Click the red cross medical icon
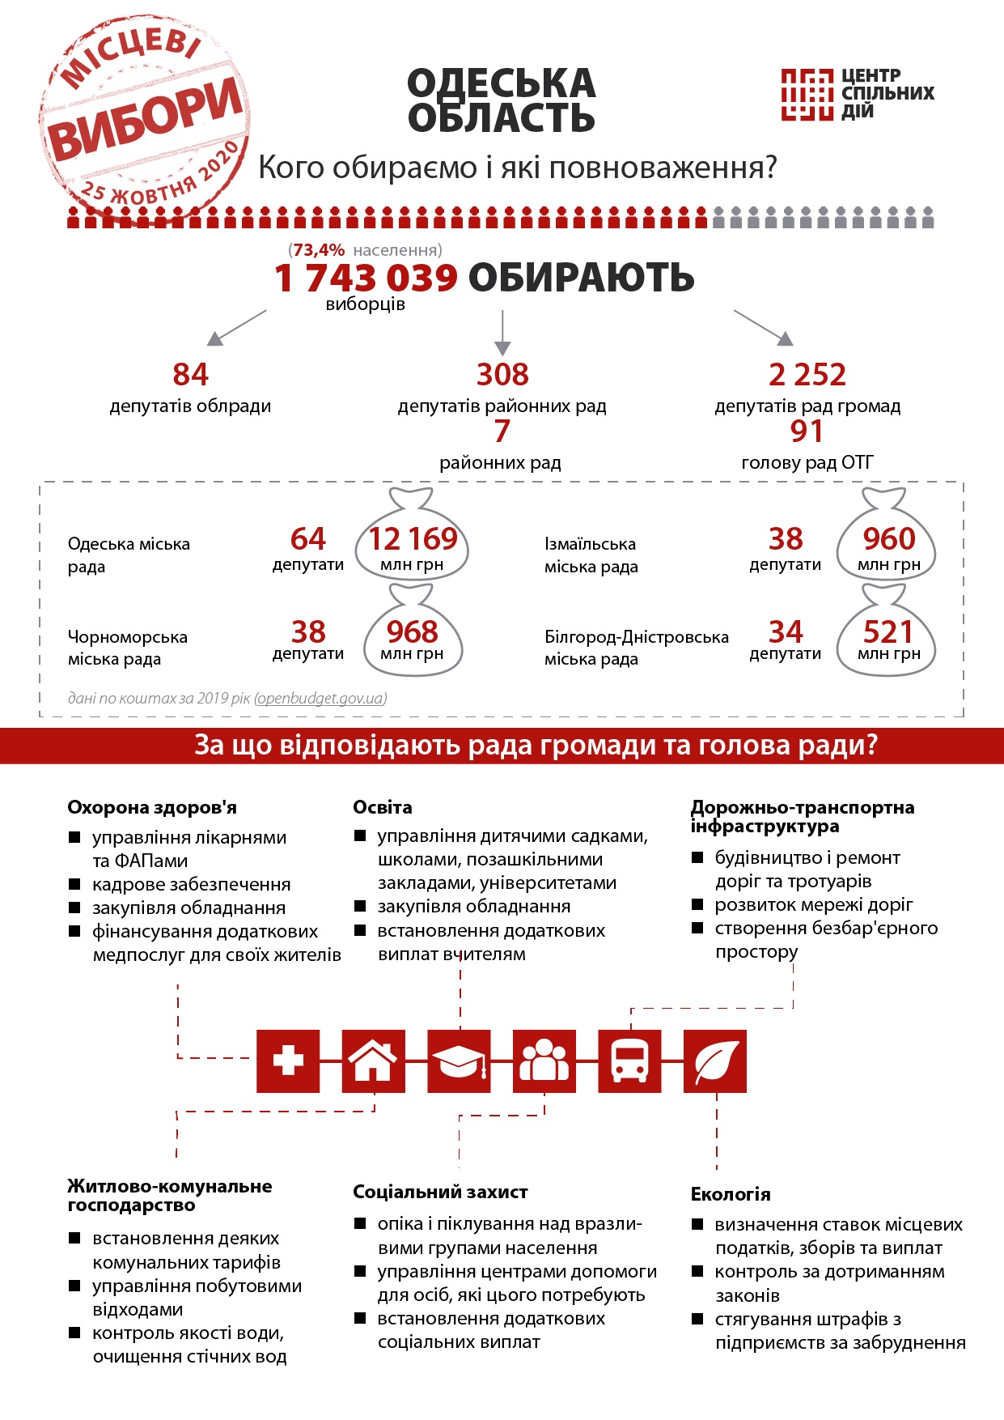(x=288, y=1061)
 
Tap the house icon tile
(x=374, y=1061)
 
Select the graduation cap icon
(x=459, y=1061)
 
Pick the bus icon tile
(x=629, y=1061)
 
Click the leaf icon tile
(x=715, y=1061)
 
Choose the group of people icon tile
(x=544, y=1061)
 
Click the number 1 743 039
(x=366, y=278)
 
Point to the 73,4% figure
(x=319, y=250)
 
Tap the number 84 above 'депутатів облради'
(x=190, y=375)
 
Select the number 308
(x=502, y=375)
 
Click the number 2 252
(x=807, y=375)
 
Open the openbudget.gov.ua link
(x=320, y=698)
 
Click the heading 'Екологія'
(x=730, y=1194)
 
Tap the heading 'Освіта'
(x=382, y=807)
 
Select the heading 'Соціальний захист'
(x=440, y=1192)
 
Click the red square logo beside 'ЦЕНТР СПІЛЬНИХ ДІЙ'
(x=807, y=94)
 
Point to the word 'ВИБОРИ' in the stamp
(x=146, y=117)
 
